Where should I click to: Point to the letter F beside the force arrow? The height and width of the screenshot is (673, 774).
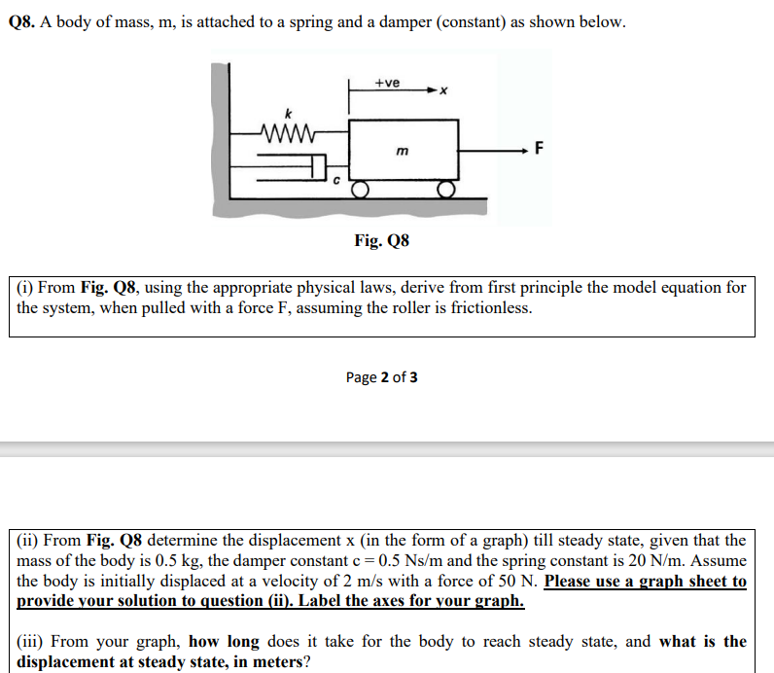541,149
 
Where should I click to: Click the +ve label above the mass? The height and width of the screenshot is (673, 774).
387,83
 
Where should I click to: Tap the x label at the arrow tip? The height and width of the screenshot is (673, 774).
442,93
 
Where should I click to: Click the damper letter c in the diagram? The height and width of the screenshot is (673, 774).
337,180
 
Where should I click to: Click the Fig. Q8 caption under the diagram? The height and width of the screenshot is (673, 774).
381,239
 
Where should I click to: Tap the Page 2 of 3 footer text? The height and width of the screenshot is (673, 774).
382,377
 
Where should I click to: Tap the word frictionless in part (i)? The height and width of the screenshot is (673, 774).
489,308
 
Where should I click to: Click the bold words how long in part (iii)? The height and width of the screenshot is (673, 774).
225,641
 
